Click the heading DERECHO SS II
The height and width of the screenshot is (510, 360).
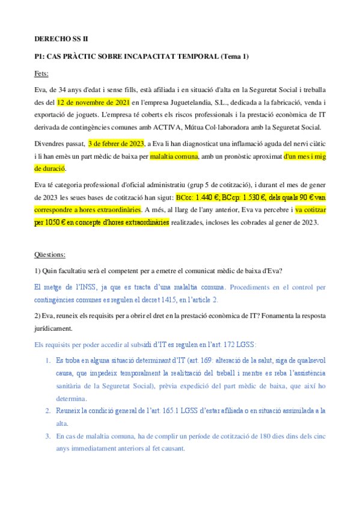tap(61, 38)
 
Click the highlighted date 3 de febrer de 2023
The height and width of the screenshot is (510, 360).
tap(116, 143)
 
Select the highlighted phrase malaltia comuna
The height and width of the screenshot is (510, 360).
tap(175, 155)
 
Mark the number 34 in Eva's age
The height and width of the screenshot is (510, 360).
tap(64, 90)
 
